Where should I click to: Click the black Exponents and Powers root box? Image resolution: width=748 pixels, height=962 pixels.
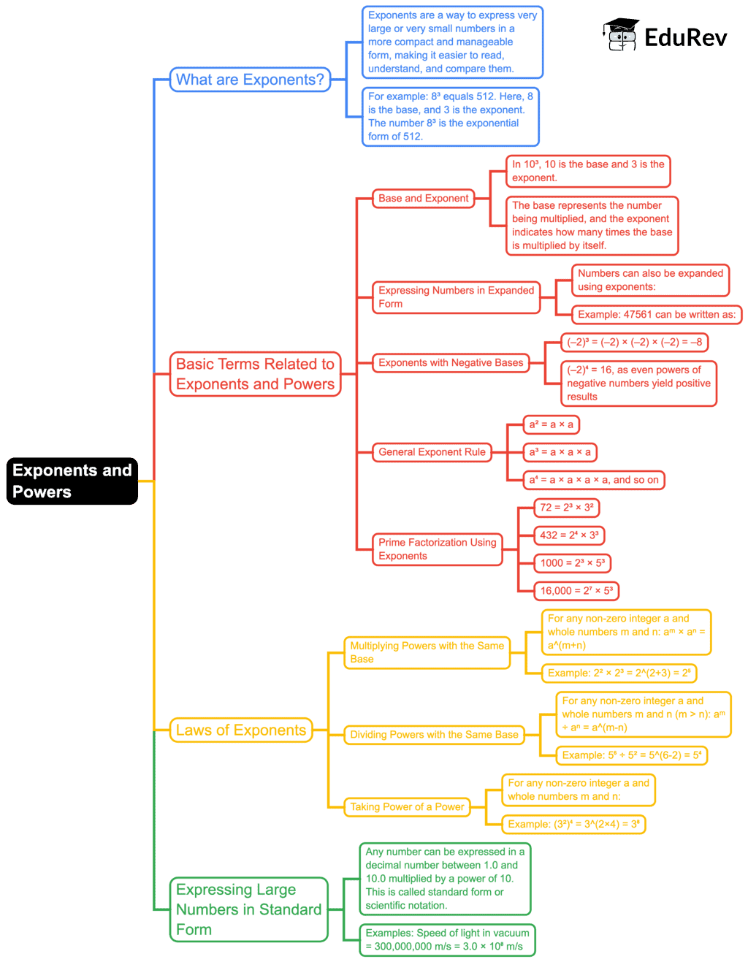(x=72, y=481)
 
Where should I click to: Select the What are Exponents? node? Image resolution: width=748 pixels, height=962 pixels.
(x=250, y=80)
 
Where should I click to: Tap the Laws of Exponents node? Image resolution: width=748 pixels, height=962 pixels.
(x=241, y=730)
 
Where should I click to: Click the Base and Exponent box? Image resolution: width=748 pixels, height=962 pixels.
(x=423, y=199)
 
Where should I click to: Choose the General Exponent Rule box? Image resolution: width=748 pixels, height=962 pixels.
(x=432, y=452)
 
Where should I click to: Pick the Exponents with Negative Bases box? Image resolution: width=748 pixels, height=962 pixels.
(x=451, y=362)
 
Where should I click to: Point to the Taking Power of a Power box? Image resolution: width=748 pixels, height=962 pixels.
(x=407, y=806)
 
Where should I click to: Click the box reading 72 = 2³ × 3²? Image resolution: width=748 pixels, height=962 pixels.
(x=567, y=508)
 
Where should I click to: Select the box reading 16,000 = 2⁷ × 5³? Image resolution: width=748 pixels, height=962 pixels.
(x=576, y=591)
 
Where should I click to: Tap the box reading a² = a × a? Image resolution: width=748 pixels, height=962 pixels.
(x=551, y=424)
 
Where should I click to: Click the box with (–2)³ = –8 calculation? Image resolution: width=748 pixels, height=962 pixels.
(x=634, y=342)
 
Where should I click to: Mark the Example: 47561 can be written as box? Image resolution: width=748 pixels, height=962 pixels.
(x=657, y=314)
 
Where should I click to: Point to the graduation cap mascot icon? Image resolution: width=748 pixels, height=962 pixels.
(x=621, y=34)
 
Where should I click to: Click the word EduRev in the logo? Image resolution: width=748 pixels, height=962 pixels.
(x=686, y=37)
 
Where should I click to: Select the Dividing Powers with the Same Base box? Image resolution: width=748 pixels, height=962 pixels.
(x=434, y=734)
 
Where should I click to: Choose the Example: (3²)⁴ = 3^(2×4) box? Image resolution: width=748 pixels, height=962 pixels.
(x=573, y=824)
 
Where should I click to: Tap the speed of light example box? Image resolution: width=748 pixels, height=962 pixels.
(x=447, y=939)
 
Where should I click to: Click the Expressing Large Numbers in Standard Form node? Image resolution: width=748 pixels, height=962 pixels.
(x=249, y=909)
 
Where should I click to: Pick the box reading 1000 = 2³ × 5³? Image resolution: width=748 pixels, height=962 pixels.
(x=572, y=562)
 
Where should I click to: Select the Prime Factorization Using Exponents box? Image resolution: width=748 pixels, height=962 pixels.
(x=438, y=549)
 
